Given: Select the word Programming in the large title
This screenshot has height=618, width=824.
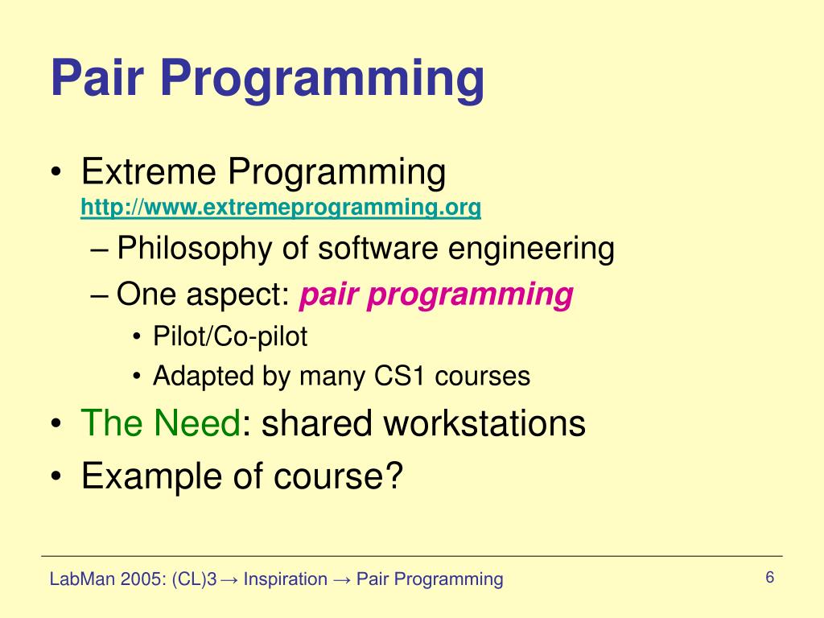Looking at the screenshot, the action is coord(322,81).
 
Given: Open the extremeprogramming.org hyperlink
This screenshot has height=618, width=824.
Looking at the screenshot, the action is coord(281,208).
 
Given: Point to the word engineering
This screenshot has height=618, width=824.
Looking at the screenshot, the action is coord(531,249).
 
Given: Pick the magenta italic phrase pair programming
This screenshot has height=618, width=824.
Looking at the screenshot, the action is coord(436,295).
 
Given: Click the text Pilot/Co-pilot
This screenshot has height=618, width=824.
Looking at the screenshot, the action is coord(230,336).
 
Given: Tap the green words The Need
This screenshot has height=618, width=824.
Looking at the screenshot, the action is coord(160,423).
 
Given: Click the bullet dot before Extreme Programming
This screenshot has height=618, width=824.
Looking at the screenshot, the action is coord(56,173).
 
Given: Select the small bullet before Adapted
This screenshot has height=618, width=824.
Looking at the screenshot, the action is coord(137,377).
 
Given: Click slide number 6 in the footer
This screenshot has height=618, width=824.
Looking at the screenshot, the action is coord(770,577).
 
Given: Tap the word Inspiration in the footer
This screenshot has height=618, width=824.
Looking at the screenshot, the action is coord(286,579).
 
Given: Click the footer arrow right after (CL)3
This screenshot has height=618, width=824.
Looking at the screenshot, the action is coord(229,580).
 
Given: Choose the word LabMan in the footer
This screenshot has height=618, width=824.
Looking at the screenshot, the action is coord(82,579).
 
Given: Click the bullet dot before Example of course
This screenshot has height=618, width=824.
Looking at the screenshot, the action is coord(56,476).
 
